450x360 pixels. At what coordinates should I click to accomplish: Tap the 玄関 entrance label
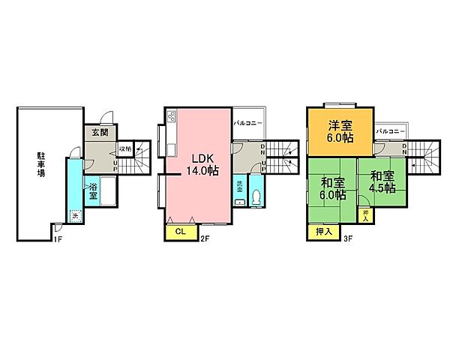[100, 133]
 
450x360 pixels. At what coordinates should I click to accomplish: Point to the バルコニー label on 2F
[247, 121]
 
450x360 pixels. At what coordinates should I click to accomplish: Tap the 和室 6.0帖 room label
[332, 188]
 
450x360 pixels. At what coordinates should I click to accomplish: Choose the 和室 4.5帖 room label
[382, 183]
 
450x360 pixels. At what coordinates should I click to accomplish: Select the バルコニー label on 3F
[391, 131]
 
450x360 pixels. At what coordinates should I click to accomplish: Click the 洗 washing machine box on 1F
[74, 217]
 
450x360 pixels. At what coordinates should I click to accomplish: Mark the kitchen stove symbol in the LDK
[170, 116]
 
